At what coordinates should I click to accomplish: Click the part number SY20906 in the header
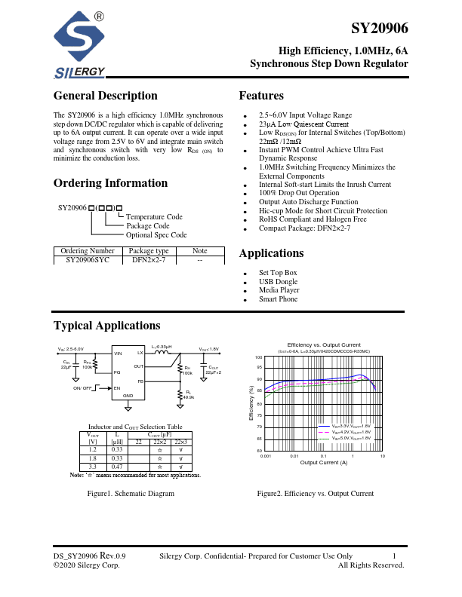380,29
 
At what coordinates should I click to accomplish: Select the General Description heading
106,96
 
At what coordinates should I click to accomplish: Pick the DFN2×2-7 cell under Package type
149,259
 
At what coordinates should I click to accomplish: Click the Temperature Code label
155,216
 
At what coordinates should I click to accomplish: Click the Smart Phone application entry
278,299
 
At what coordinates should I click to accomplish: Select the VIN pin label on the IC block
118,353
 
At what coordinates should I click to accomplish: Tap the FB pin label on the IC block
140,382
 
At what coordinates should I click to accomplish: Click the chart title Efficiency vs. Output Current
324,344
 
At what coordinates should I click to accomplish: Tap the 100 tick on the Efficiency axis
258,357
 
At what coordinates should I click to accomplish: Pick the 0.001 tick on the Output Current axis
266,457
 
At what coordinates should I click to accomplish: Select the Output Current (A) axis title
324,463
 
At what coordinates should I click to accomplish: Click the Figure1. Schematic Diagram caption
131,494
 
